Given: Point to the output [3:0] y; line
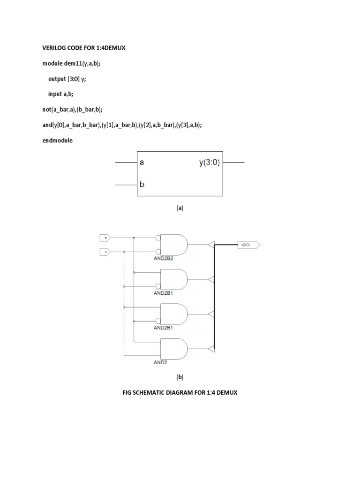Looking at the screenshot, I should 67,79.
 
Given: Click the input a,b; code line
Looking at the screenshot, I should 60,94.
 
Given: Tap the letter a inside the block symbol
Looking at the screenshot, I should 142,163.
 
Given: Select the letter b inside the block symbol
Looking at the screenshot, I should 142,184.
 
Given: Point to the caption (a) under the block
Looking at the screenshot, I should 180,209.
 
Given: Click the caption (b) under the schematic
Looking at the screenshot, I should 180,377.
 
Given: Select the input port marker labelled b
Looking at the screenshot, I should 105,238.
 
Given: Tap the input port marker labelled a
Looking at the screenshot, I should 105,252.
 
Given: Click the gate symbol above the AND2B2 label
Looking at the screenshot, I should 174,245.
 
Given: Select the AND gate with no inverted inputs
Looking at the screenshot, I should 174,348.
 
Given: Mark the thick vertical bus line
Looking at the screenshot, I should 215,300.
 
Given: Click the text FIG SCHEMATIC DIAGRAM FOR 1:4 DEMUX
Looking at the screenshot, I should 180,392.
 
